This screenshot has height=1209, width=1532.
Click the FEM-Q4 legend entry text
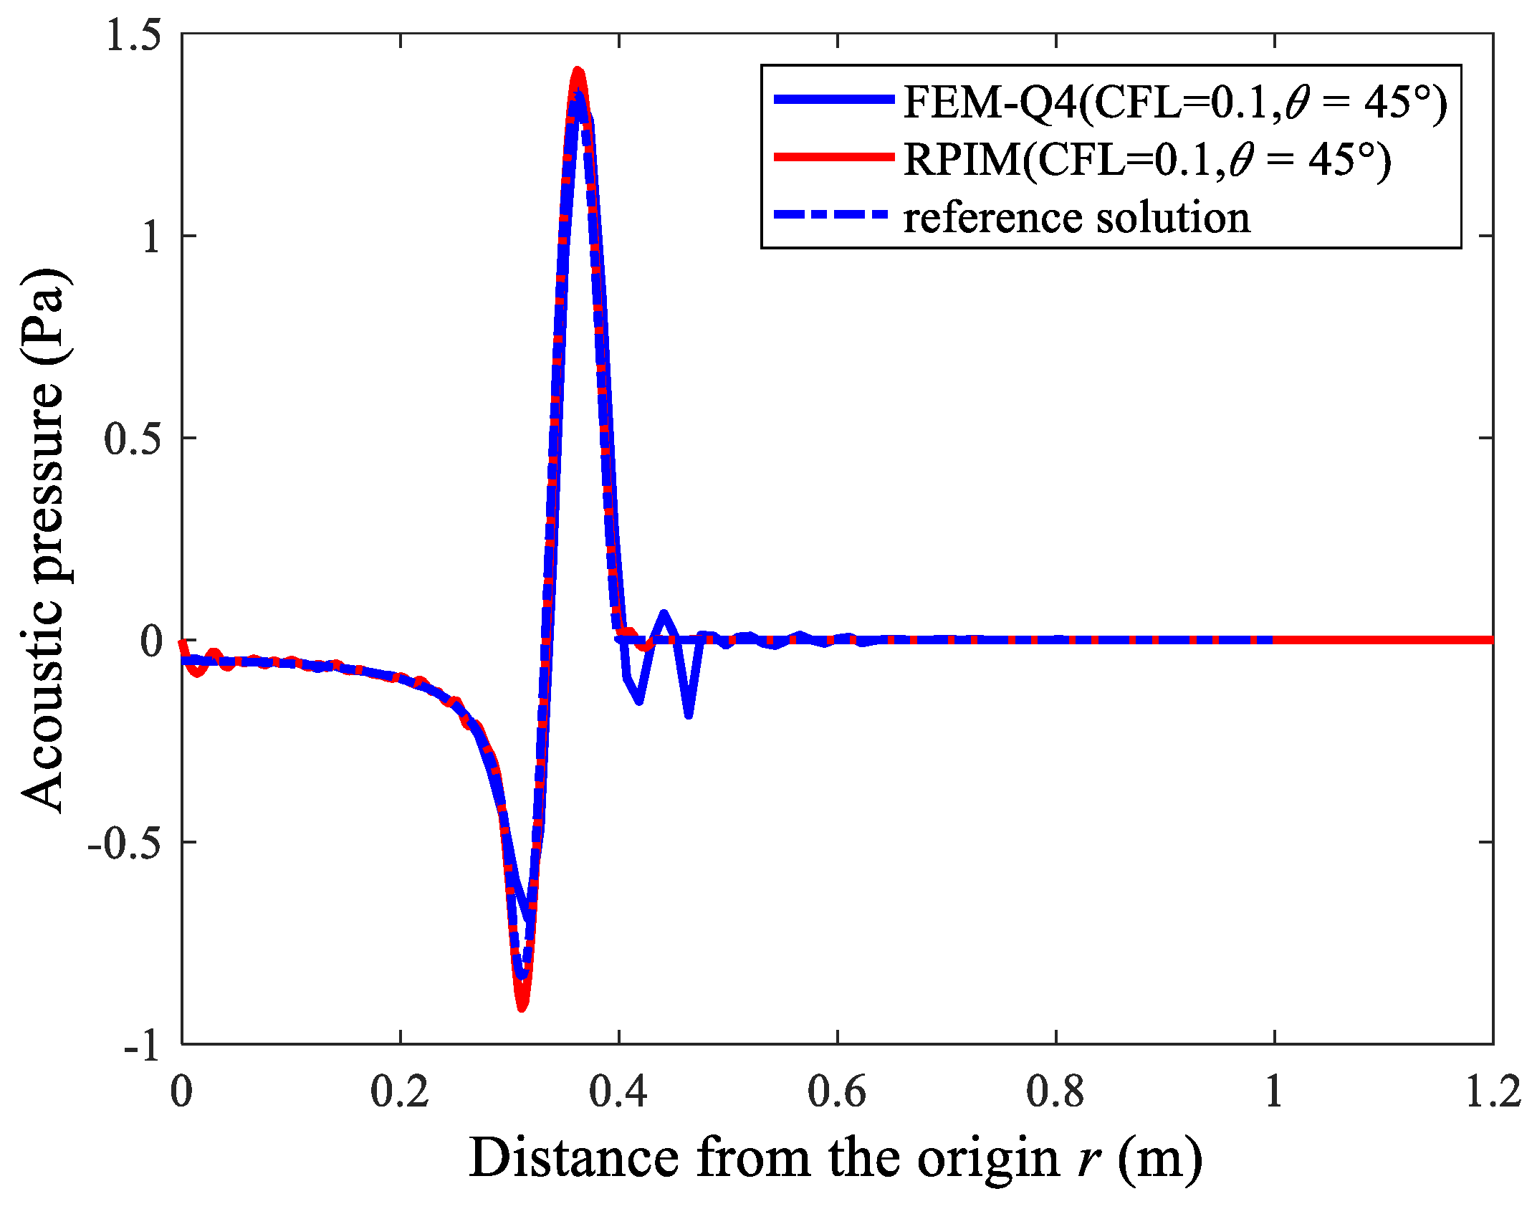(x=1175, y=102)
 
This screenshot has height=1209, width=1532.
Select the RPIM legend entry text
(x=1146, y=159)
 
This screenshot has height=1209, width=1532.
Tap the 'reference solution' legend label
(x=1076, y=217)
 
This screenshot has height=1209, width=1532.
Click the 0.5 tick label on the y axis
(x=133, y=439)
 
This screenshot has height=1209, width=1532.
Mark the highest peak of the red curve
(x=578, y=72)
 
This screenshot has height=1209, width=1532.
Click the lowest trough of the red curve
(x=522, y=1006)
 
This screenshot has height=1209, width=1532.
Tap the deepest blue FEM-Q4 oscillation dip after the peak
(x=689, y=715)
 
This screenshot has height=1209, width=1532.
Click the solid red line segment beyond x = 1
(x=1383, y=639)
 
